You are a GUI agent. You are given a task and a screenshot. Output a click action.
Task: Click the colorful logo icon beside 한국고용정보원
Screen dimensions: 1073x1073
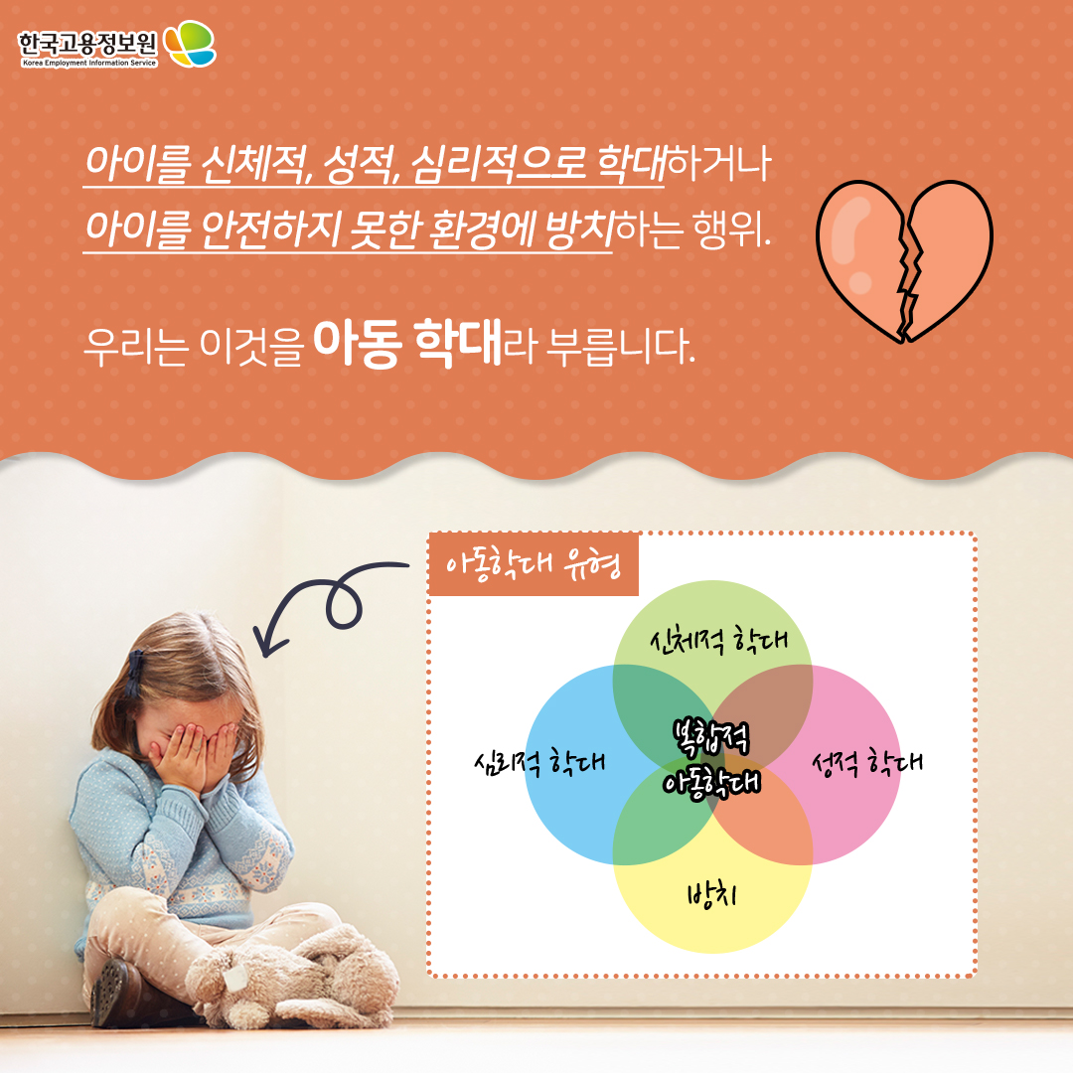point(190,43)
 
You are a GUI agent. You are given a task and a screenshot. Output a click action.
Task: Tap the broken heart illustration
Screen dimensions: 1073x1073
point(904,261)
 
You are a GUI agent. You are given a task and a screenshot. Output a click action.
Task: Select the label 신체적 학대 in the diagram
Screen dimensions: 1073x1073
point(718,641)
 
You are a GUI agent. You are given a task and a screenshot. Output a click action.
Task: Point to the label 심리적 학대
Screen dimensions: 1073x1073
point(539,761)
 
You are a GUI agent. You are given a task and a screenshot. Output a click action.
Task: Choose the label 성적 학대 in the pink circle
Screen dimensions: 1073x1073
point(867,762)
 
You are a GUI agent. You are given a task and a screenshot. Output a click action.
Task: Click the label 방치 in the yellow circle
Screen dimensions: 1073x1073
point(712,894)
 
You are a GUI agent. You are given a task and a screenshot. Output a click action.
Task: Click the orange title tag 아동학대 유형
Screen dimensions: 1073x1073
point(534,565)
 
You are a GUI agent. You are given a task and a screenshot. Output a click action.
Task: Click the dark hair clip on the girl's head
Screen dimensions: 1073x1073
point(135,672)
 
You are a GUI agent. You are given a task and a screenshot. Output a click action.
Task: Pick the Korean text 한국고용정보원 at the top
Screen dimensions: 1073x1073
point(87,43)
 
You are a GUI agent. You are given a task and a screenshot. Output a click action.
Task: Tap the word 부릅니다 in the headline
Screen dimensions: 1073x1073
point(620,346)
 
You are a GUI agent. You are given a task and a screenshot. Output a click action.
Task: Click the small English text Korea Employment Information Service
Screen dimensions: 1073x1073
point(89,63)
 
